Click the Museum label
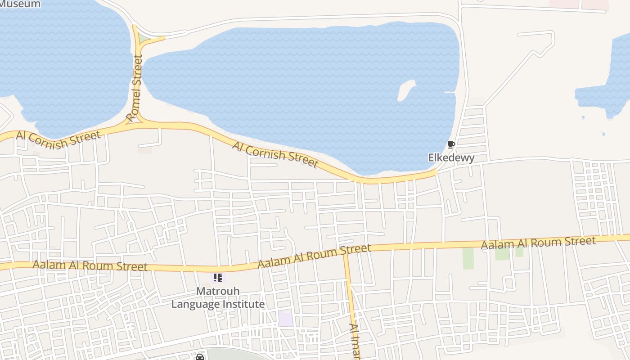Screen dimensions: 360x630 [20, 4]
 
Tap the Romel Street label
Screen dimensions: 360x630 [135, 89]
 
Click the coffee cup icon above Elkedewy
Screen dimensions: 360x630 [451, 145]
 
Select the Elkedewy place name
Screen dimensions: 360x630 [451, 157]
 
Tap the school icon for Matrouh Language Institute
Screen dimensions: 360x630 [218, 278]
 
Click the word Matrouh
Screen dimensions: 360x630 [218, 291]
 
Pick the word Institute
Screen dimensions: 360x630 [243, 304]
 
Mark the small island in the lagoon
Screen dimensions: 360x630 [405, 89]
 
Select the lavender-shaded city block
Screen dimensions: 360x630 [285, 319]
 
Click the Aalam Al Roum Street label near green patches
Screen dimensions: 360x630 [538, 243]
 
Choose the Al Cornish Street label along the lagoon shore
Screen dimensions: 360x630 [275, 154]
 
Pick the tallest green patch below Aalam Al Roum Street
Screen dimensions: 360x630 [468, 258]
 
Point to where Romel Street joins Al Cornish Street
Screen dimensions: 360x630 [139, 121]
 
